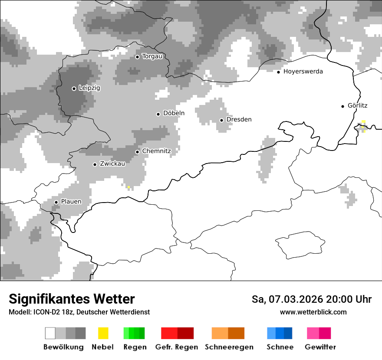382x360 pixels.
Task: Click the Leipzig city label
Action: [89, 88]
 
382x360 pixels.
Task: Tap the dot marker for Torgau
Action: [137, 57]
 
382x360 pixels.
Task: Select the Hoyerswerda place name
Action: [303, 72]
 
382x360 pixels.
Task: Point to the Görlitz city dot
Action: [342, 106]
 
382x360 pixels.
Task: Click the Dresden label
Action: [239, 120]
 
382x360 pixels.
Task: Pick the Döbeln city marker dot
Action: [158, 114]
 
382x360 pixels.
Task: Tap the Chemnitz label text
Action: [156, 151]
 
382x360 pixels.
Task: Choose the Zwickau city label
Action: [112, 164]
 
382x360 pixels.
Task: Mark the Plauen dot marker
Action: [56, 202]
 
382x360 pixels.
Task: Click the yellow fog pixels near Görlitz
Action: [363, 125]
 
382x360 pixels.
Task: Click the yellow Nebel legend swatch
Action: [103, 333]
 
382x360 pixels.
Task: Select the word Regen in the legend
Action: [135, 347]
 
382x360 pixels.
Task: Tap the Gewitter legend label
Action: [320, 347]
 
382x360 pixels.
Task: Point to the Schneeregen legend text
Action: [229, 347]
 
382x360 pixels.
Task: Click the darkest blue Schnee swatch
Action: [288, 333]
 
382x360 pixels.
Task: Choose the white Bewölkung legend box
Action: [50, 333]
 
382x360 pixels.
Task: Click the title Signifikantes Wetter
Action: [72, 299]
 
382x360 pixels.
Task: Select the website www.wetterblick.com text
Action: [313, 312]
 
